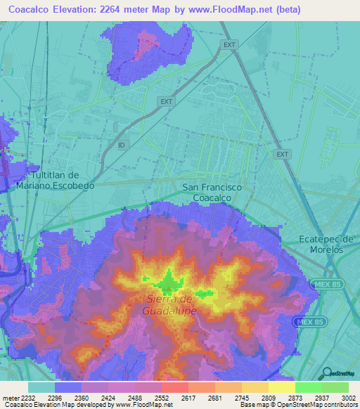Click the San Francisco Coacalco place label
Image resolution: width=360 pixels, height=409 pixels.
pyautogui.click(x=212, y=193)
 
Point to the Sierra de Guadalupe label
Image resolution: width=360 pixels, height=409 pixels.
pyautogui.click(x=169, y=304)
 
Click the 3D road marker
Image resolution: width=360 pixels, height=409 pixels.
pyautogui.click(x=122, y=145)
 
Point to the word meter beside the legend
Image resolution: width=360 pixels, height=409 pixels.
pyautogui.click(x=11, y=396)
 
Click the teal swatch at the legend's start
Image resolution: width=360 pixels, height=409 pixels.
pyautogui.click(x=41, y=387)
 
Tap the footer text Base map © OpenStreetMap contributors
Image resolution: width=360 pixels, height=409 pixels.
pyautogui.click(x=297, y=405)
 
